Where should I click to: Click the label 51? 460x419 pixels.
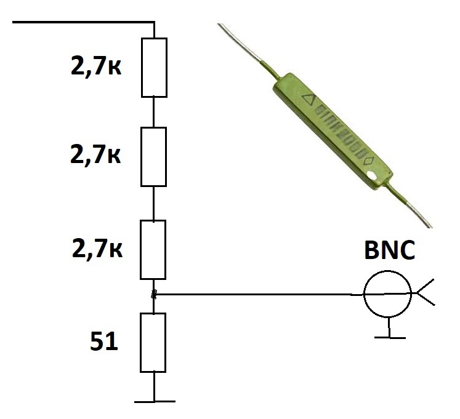pos(104,341)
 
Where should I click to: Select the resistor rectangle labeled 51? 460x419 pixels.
pos(153,342)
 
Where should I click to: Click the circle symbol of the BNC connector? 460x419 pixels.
pos(387,293)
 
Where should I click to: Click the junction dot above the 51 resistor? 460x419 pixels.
pos(154,295)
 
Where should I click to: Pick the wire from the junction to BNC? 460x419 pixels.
pos(259,294)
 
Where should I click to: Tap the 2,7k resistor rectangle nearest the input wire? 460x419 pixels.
pos(154,68)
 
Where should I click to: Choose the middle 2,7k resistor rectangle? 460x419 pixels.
pos(154,157)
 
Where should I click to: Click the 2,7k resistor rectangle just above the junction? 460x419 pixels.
pos(154,249)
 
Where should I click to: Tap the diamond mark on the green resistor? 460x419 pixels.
pos(370,161)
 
